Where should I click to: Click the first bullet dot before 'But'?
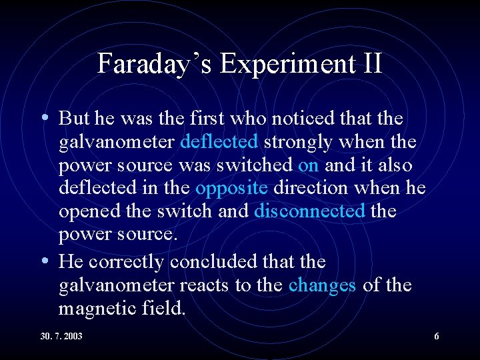click(44, 118)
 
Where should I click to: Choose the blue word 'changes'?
click(322, 285)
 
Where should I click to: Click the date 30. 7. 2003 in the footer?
click(61, 337)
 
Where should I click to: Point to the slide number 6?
click(437, 337)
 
